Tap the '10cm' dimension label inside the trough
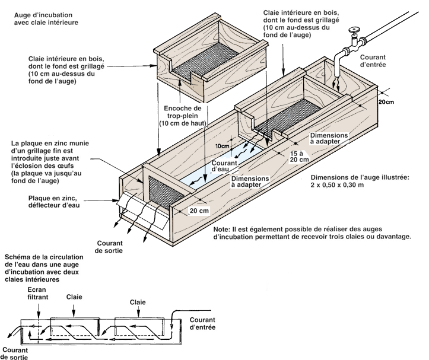coord(222,145)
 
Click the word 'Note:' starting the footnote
coord(223,228)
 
